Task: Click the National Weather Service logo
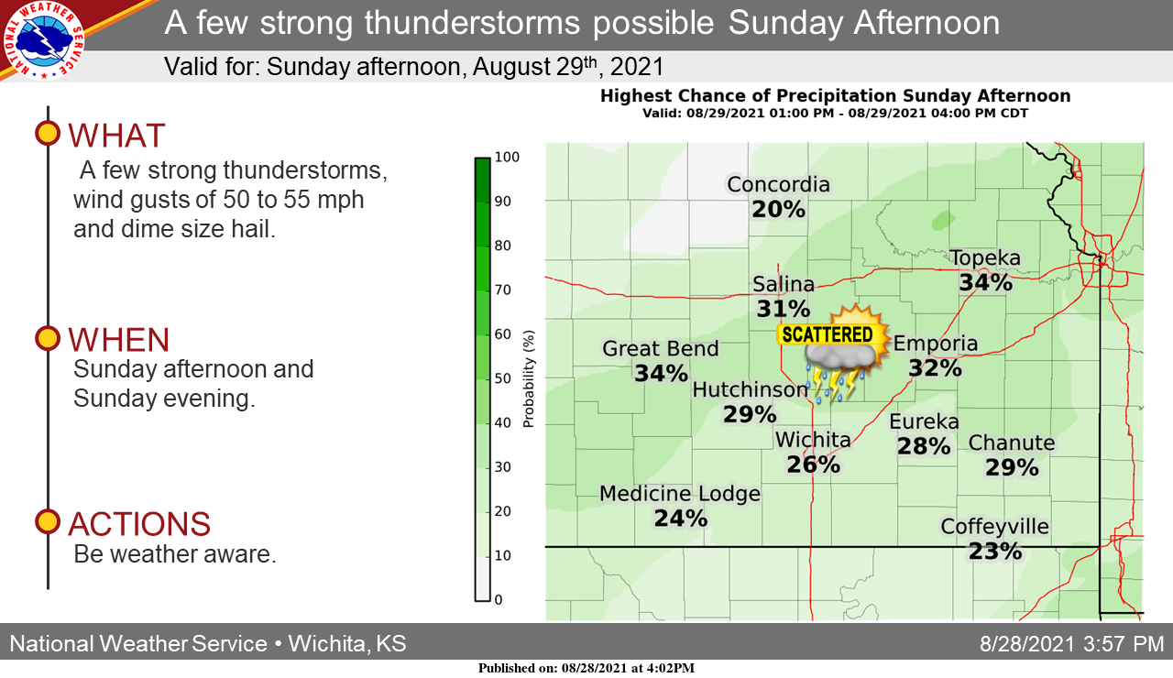[x=43, y=41]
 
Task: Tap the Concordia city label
[x=779, y=185]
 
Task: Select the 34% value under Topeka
[x=985, y=283]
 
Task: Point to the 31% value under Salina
[x=784, y=309]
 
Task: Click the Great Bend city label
[x=661, y=349]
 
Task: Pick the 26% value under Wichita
[x=813, y=465]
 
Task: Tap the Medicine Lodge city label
[x=680, y=494]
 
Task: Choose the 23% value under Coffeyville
[x=995, y=552]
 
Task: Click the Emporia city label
[x=936, y=344]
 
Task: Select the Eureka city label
[x=925, y=421]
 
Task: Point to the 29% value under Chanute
[x=1012, y=467]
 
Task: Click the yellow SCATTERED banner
[x=828, y=334]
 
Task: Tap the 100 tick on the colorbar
[x=507, y=157]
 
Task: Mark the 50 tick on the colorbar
[x=503, y=378]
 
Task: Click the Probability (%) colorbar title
[x=529, y=378]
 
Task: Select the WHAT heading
[x=116, y=136]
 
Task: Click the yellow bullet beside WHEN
[x=48, y=338]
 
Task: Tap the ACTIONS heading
[x=139, y=523]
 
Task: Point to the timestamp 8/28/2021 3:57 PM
[x=1071, y=644]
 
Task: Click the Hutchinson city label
[x=750, y=389]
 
